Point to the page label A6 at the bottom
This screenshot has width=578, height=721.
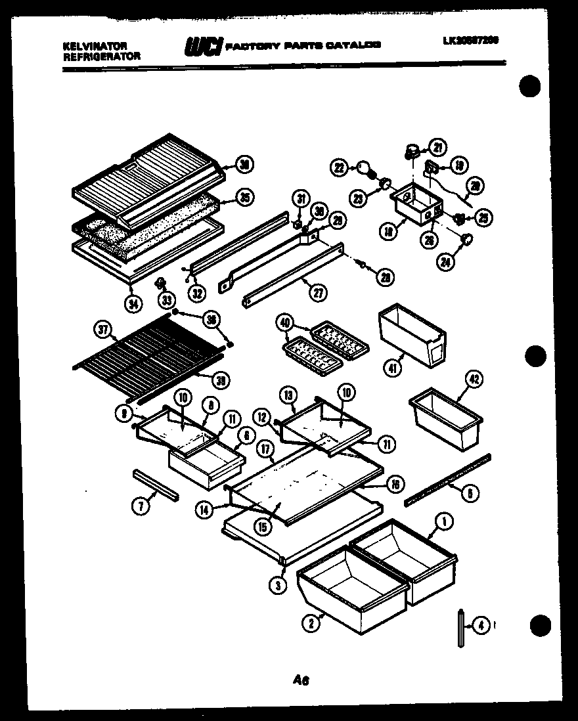(x=301, y=680)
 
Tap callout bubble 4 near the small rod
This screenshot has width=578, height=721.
(x=481, y=626)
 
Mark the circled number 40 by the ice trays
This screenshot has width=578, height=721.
(x=284, y=323)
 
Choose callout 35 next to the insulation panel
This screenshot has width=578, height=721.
(x=244, y=198)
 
